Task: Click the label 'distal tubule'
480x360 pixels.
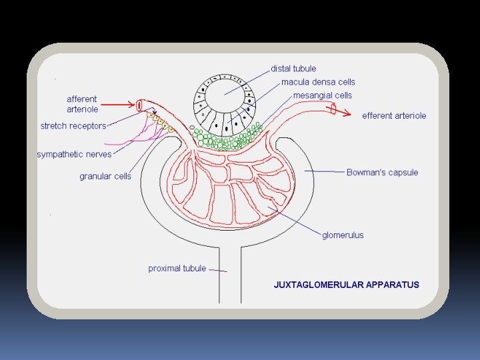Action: tap(293, 69)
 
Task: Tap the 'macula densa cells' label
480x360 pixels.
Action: tap(318, 82)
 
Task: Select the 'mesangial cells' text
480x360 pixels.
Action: tap(323, 95)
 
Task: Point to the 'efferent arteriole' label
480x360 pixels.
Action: tap(394, 116)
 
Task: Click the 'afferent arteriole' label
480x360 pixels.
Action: tap(82, 104)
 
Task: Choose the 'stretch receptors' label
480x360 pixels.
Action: tap(73, 126)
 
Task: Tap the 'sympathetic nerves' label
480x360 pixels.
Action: tap(74, 155)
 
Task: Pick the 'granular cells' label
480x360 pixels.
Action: tap(105, 177)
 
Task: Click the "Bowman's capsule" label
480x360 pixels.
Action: tap(382, 173)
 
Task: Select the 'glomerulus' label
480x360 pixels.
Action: tap(343, 235)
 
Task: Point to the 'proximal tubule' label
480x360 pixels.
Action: tap(177, 269)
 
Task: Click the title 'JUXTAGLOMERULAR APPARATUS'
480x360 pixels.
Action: tap(347, 285)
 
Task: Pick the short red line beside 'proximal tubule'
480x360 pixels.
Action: tap(219, 271)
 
